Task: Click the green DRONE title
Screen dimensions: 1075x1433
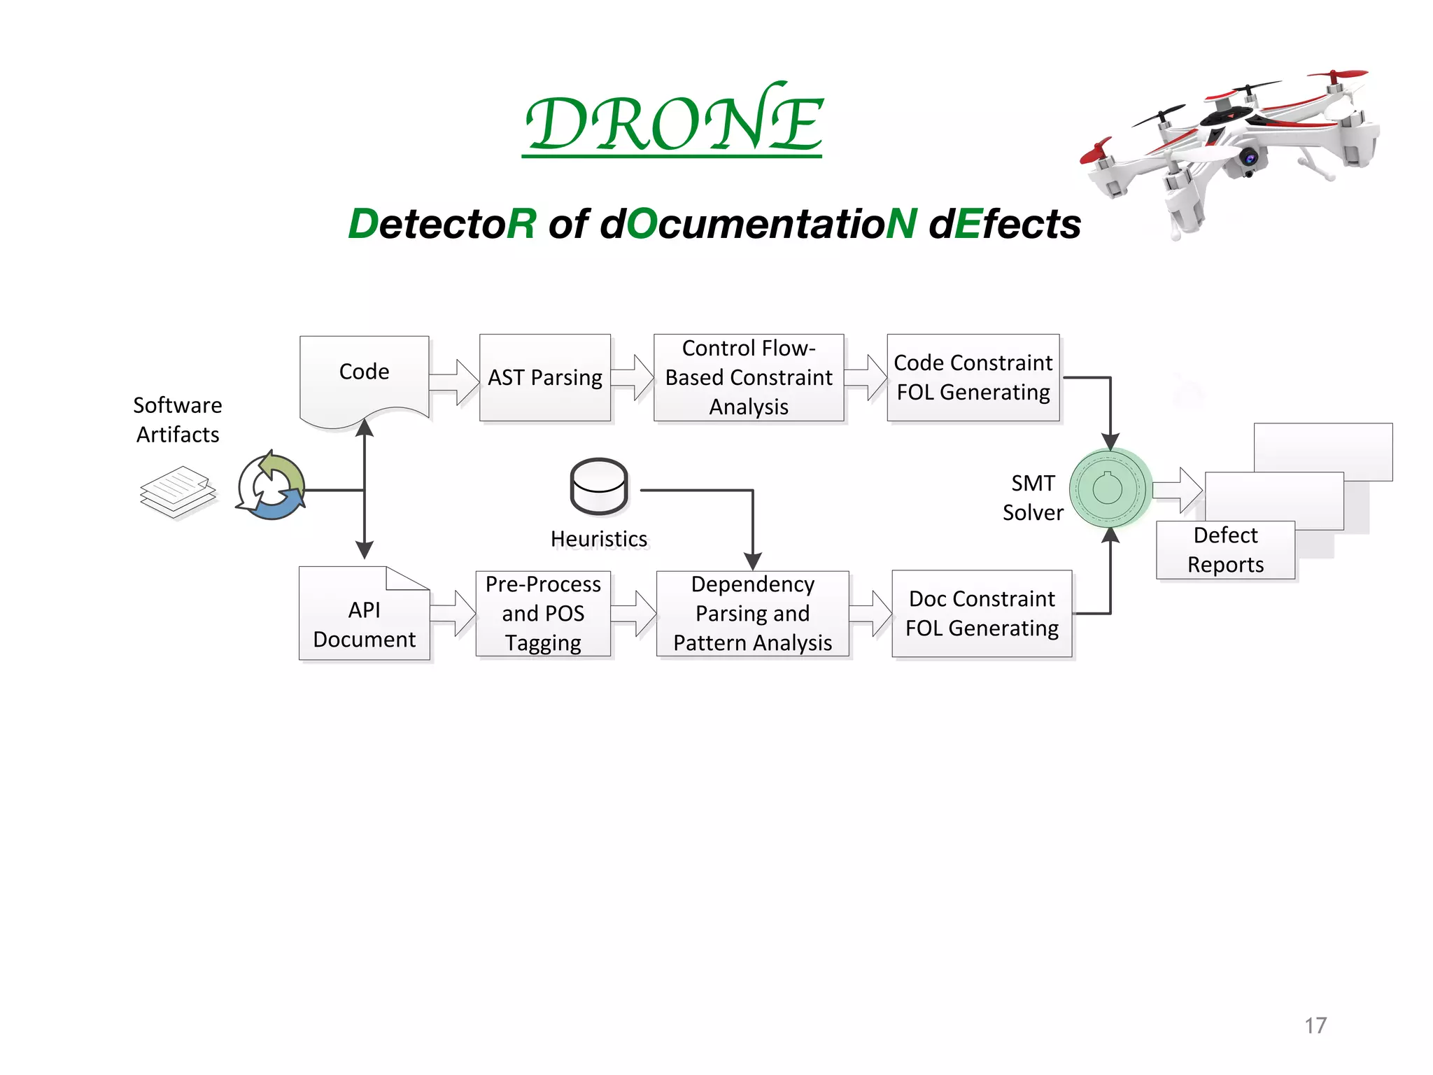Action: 673,122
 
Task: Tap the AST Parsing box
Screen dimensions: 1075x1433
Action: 544,378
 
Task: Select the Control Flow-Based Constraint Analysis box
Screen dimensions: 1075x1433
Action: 749,378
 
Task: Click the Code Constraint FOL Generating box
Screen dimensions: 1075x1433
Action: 973,378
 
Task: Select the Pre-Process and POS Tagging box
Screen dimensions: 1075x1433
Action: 543,614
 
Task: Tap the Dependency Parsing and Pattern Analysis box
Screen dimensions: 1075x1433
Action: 752,614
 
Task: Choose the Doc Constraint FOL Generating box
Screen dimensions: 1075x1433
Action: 982,614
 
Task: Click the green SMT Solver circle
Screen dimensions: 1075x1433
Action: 1110,488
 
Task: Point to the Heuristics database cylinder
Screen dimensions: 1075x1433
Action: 599,486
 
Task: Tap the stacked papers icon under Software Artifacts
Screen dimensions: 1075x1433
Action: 178,492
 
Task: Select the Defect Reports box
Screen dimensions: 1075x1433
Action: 1225,550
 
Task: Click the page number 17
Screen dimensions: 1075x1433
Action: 1315,1025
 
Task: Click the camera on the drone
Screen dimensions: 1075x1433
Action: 1250,158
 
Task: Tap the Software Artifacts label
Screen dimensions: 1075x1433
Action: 178,420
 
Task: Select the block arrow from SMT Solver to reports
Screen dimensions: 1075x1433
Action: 1178,490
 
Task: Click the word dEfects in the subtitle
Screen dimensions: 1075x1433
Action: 1005,224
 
